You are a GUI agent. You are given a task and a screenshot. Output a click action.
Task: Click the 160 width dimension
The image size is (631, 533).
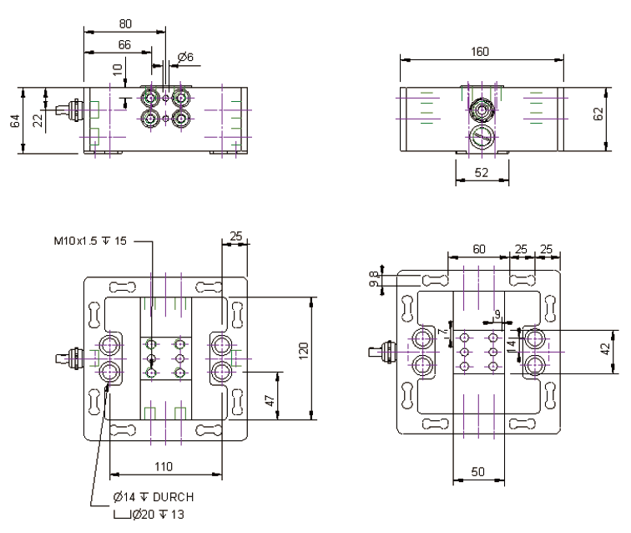479,51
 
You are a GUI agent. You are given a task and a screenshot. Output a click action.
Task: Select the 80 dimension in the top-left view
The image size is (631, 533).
124,23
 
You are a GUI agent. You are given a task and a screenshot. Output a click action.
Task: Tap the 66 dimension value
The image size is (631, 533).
124,43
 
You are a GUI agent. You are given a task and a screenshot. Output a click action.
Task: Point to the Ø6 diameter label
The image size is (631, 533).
185,57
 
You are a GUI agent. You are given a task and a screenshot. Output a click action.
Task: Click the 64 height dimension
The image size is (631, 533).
14,121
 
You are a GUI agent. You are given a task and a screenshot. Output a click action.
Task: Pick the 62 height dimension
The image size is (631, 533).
598,116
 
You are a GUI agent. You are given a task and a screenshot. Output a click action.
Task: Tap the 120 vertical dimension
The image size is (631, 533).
305,348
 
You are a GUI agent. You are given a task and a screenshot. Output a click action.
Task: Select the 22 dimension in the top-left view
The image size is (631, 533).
38,121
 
